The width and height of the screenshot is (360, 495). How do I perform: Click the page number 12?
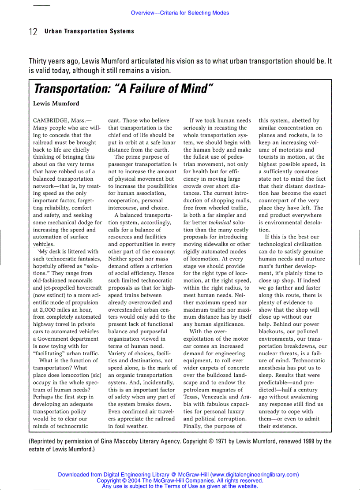(33, 32)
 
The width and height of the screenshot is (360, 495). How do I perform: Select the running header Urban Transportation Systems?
(89, 31)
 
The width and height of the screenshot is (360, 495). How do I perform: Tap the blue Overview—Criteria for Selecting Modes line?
(180, 13)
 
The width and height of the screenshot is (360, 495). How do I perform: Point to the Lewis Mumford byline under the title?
(56, 104)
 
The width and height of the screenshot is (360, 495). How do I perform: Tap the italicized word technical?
(220, 222)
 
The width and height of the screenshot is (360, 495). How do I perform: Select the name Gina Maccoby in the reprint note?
(142, 441)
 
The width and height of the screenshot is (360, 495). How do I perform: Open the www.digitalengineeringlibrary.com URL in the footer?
(254, 475)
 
